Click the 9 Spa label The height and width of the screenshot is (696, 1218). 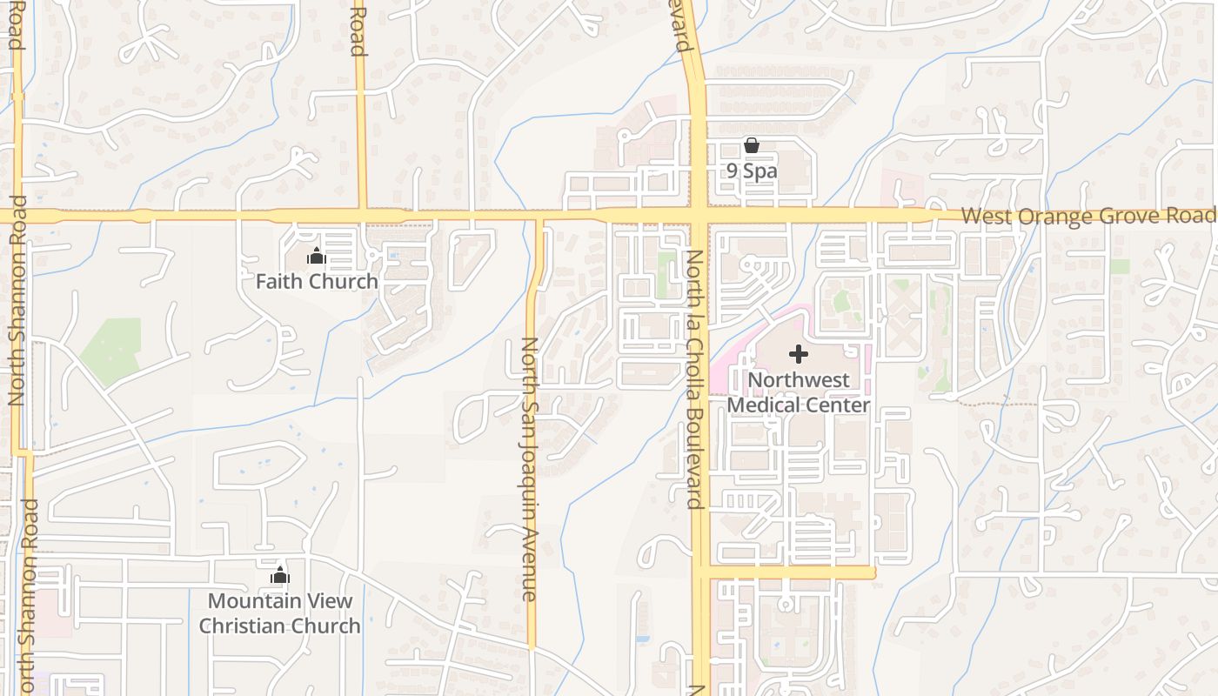pyautogui.click(x=752, y=171)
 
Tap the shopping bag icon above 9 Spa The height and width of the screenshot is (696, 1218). pyautogui.click(x=752, y=145)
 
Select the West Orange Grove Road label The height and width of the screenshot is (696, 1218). pyautogui.click(x=1087, y=216)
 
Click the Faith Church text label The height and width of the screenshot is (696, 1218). pyautogui.click(x=317, y=281)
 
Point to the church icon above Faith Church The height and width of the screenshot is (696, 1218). pyautogui.click(x=317, y=256)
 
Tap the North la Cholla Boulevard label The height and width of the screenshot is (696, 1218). pyautogui.click(x=694, y=378)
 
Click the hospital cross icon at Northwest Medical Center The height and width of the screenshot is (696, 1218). pyautogui.click(x=798, y=354)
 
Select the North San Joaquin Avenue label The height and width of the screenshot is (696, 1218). pyautogui.click(x=528, y=470)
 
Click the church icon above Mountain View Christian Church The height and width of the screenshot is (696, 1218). pyautogui.click(x=279, y=575)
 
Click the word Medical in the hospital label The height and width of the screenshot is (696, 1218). pyautogui.click(x=762, y=405)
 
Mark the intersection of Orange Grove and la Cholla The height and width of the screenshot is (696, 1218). pyautogui.click(x=699, y=214)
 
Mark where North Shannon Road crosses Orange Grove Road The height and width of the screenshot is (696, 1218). pyautogui.click(x=18, y=215)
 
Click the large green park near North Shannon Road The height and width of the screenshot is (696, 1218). pyautogui.click(x=111, y=351)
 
